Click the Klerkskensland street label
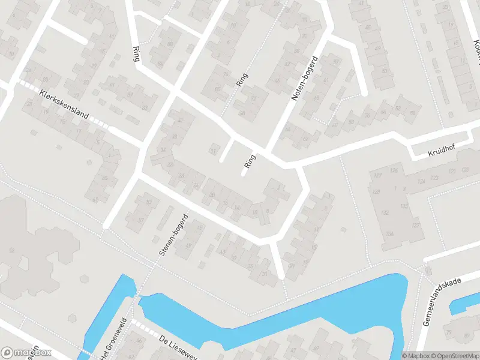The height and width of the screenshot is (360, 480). (x=64, y=104)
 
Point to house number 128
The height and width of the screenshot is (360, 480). (x=376, y=191)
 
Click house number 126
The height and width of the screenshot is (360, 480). (x=394, y=170)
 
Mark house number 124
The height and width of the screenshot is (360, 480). (x=422, y=181)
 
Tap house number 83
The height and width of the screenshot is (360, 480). (x=144, y=107)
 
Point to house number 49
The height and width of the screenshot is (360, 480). (x=378, y=48)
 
